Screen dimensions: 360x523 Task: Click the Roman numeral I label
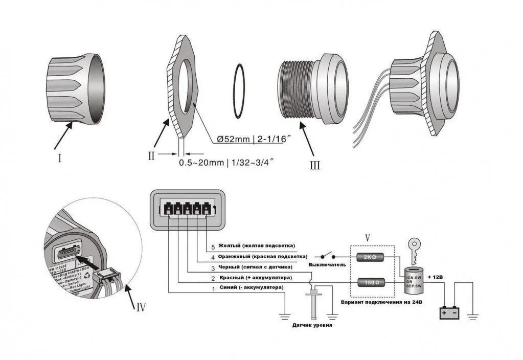coord(59,159)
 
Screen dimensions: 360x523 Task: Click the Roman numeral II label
coord(151,155)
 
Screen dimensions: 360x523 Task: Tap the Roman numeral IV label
coord(141,307)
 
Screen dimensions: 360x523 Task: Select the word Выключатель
coord(327,265)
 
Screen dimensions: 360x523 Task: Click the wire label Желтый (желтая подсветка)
coord(256,246)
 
